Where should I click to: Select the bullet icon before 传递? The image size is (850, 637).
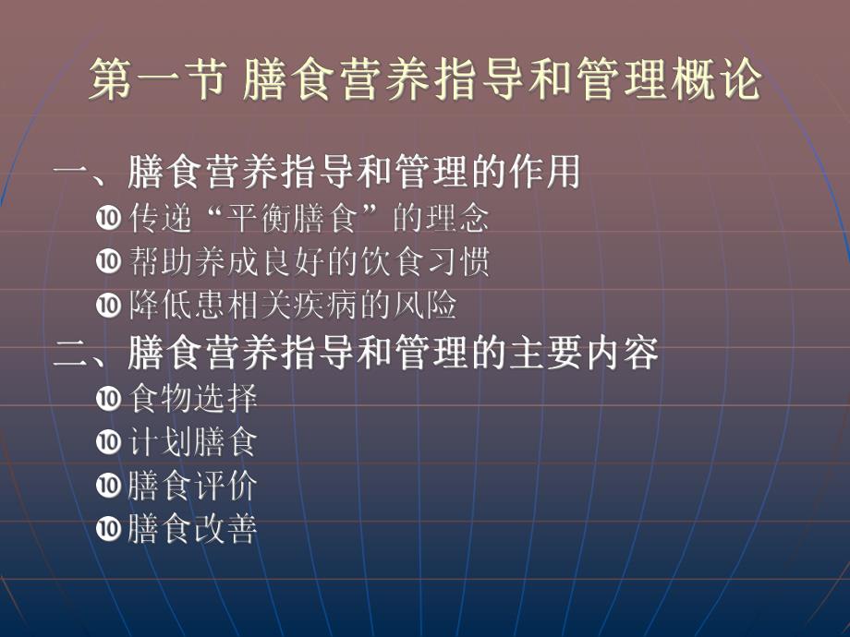click(108, 220)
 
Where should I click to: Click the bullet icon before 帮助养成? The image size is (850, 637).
click(108, 262)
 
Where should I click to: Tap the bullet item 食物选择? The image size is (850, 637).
click(193, 399)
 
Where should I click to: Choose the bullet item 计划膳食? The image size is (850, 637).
click(193, 441)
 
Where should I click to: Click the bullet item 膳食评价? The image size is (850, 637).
click(193, 485)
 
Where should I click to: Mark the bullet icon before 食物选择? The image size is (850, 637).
click(108, 399)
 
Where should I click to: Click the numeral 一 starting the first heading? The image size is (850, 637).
click(72, 173)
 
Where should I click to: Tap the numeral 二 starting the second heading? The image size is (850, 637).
click(72, 354)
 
